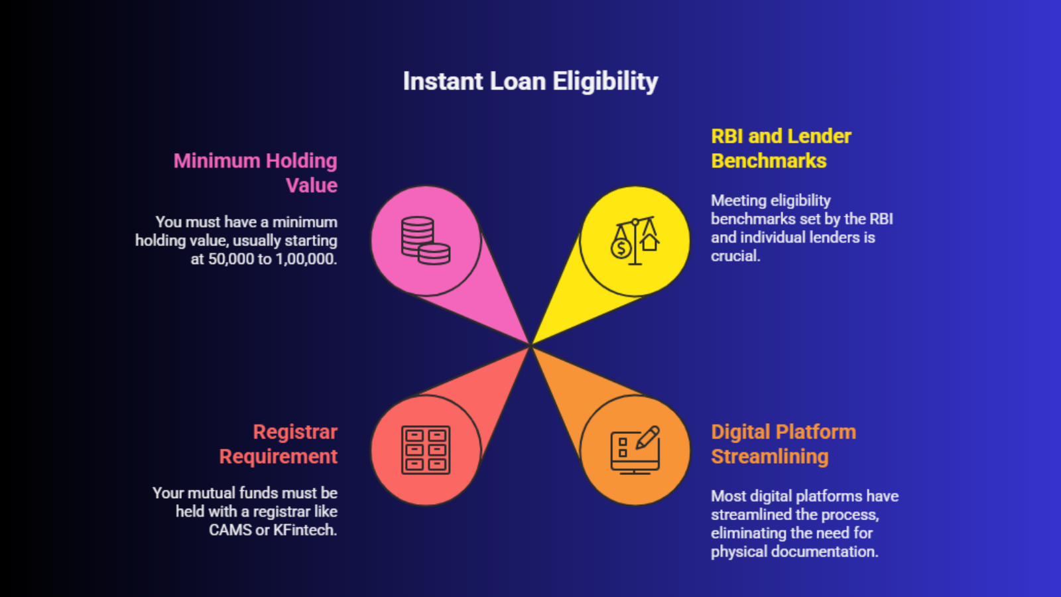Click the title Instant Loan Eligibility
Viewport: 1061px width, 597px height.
click(530, 82)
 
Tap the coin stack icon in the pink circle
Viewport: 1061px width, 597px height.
click(425, 241)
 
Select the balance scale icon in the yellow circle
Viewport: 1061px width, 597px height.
click(635, 241)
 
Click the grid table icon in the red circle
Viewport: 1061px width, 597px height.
click(425, 450)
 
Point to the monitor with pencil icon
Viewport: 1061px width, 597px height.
click(635, 450)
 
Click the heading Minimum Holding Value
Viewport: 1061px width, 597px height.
click(256, 172)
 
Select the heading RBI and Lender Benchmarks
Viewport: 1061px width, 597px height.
click(780, 149)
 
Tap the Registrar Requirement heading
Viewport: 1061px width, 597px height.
click(279, 444)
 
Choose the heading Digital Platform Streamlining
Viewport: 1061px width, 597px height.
click(783, 444)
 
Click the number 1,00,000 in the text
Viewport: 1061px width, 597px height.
click(306, 259)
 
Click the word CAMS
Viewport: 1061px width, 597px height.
click(230, 530)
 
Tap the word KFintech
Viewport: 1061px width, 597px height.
click(305, 530)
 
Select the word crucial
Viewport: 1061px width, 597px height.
click(735, 256)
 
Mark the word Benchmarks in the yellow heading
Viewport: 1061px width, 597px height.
click(769, 161)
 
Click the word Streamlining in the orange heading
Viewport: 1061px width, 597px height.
click(770, 456)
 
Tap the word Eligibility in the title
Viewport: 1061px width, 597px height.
click(605, 82)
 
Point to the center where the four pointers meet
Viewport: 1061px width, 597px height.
click(530, 346)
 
